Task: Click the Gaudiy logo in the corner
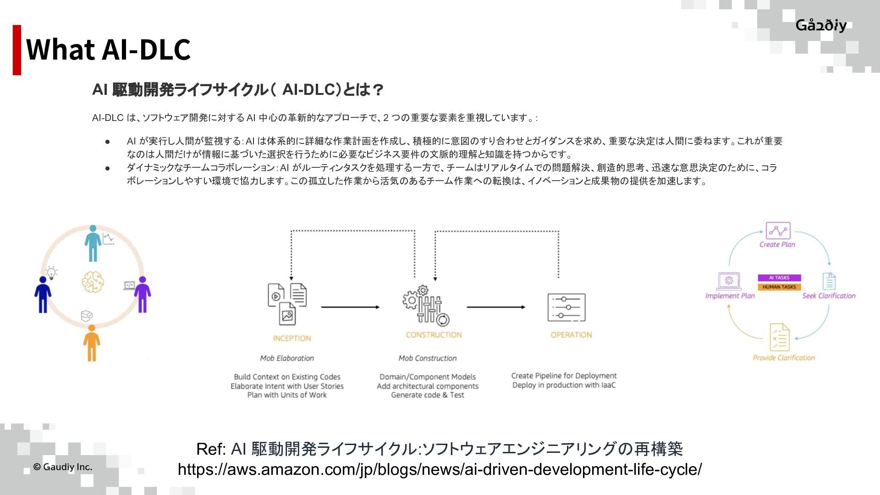tap(821, 25)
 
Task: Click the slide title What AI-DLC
tap(108, 49)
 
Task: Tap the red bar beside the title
tap(17, 49)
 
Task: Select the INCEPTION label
tap(292, 338)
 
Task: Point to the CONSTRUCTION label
tap(434, 335)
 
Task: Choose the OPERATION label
tap(571, 335)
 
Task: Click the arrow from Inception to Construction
tap(350, 307)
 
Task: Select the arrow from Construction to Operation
tap(495, 307)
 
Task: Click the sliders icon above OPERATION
tap(566, 307)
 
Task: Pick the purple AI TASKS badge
tap(779, 278)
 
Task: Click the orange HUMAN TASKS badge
tap(779, 287)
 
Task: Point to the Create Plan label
tap(777, 244)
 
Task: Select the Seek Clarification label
tap(829, 296)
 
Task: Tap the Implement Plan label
tap(730, 296)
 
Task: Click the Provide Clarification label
tap(784, 357)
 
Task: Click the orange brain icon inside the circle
tap(93, 282)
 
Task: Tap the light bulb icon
tap(52, 273)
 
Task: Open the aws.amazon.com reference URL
tap(440, 469)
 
